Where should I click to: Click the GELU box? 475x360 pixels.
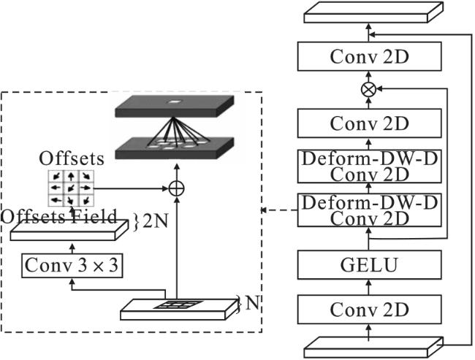[x=370, y=265]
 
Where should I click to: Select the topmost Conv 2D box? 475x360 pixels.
[x=370, y=55]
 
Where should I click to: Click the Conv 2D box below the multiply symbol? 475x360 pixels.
[x=370, y=123]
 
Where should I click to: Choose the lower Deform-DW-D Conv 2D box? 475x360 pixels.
[x=370, y=210]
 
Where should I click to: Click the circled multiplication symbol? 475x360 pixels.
[x=369, y=89]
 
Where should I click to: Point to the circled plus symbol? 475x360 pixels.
[x=175, y=188]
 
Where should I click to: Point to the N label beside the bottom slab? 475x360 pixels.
[x=251, y=302]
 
